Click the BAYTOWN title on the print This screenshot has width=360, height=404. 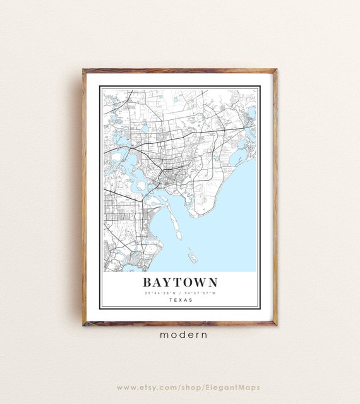coord(180,282)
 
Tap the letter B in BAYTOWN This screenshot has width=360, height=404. coord(148,282)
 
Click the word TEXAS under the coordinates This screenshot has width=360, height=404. coord(180,300)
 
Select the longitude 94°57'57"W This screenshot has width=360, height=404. coord(200,293)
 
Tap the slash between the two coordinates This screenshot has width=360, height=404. coord(181,293)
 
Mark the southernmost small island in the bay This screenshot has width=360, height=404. coord(192,257)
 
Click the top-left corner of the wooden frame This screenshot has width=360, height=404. coord(83,70)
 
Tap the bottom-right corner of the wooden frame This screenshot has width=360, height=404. coord(276,324)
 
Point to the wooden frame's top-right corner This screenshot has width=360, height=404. coord(276,70)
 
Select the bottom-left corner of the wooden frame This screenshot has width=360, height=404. coord(83,324)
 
